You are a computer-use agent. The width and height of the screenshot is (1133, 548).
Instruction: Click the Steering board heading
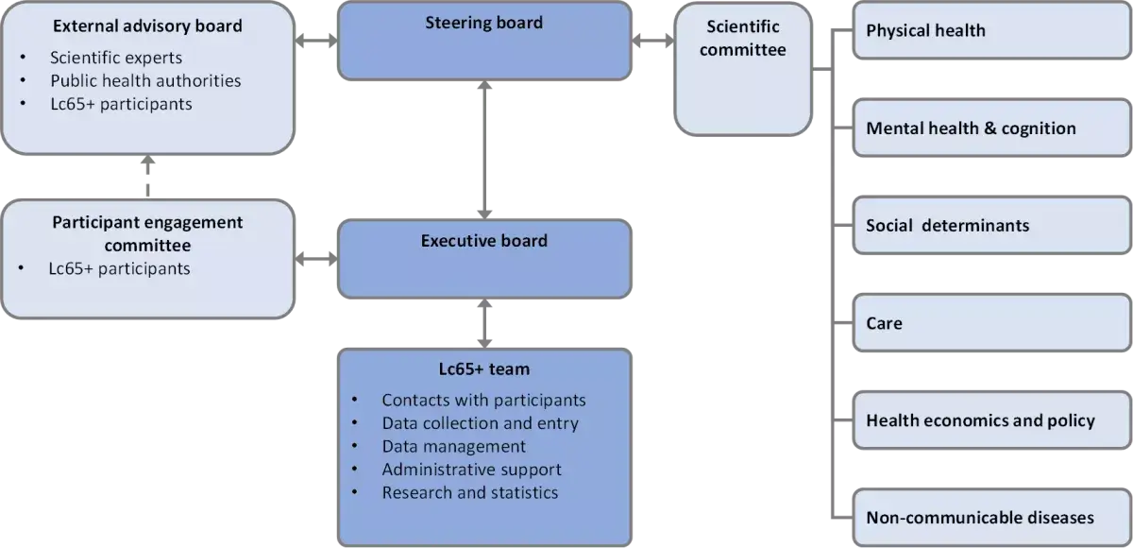pos(484,22)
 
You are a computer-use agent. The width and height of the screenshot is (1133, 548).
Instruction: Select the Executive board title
pos(483,241)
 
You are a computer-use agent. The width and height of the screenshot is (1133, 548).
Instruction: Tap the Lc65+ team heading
pos(484,368)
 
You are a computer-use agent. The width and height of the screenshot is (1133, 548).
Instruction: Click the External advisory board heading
pos(147,26)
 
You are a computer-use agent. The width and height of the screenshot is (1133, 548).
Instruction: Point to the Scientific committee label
pos(742,38)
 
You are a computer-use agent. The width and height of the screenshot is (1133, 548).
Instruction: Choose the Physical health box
pos(991,31)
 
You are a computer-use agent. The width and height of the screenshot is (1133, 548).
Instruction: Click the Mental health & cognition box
pos(991,128)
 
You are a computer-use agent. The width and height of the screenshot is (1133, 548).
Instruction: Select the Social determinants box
pos(991,226)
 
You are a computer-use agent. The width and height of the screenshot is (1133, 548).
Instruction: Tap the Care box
pos(991,323)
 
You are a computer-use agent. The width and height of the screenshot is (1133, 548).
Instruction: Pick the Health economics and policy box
pos(991,420)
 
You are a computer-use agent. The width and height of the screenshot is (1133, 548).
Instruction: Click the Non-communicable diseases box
pos(991,518)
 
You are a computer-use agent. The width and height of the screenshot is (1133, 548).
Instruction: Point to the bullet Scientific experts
pos(116,58)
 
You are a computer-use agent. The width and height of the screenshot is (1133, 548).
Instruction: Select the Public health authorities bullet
pos(145,80)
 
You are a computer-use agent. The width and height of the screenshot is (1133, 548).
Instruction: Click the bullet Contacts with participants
pos(483,401)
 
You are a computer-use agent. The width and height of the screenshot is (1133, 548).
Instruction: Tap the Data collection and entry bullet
pos(480,423)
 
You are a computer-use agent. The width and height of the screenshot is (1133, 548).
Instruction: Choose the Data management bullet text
pos(453,446)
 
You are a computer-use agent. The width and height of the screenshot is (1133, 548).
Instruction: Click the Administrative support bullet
pos(471,470)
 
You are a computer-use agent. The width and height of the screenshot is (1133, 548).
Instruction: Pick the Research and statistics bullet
pos(469,492)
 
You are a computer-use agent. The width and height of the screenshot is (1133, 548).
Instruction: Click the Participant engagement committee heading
pos(147,233)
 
